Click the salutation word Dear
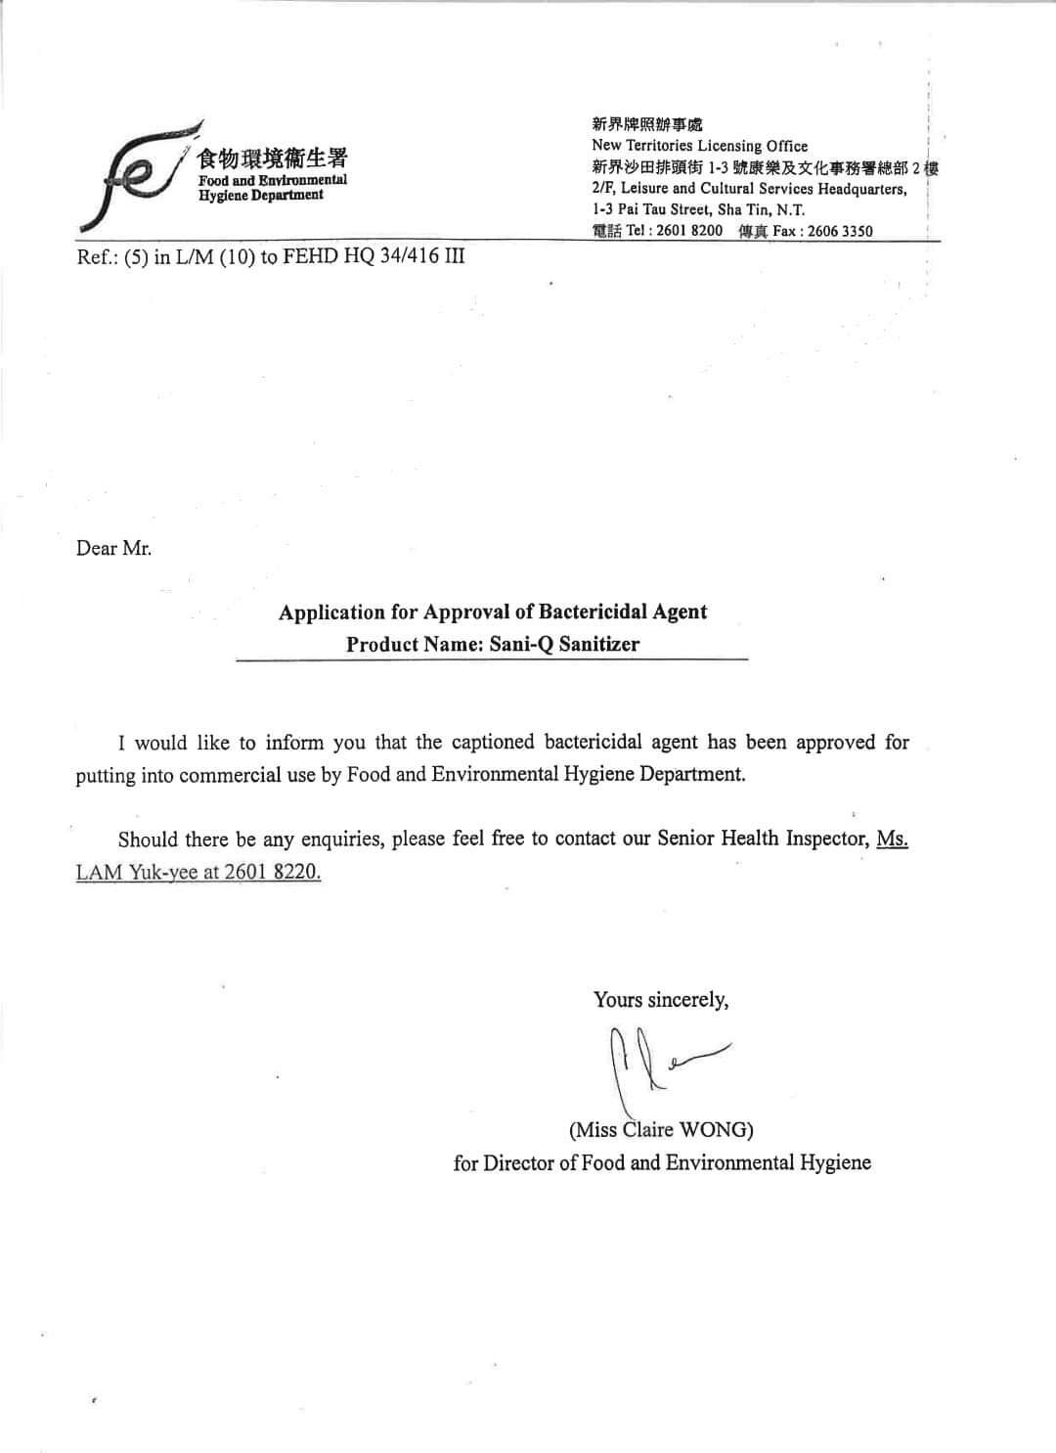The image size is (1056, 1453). point(97,548)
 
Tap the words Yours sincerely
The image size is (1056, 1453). point(661,1000)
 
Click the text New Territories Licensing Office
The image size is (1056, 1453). point(700,146)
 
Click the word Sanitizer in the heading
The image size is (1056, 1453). point(599,644)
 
